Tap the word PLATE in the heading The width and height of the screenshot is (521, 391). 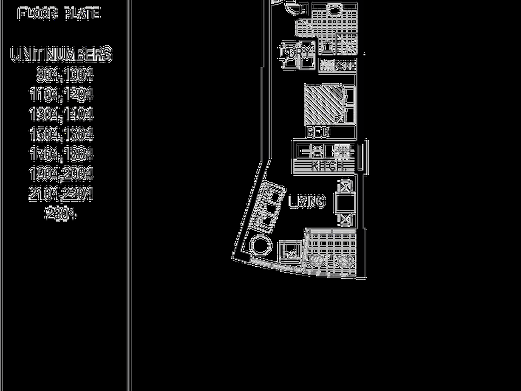(x=82, y=14)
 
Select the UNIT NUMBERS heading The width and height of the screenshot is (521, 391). (x=61, y=54)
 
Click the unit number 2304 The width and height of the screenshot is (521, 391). (x=61, y=213)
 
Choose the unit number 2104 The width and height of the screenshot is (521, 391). (x=44, y=194)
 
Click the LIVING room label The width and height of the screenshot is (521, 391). (x=307, y=201)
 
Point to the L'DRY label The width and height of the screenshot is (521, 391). (x=295, y=53)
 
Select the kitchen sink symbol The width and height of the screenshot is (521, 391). (x=317, y=151)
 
